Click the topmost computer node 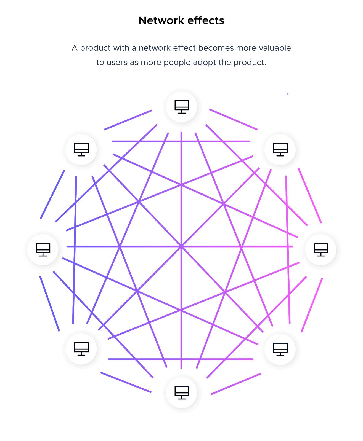click(x=182, y=107)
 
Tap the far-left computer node click(x=43, y=250)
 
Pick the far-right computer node click(x=321, y=250)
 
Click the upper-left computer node click(x=81, y=150)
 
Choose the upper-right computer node click(x=280, y=150)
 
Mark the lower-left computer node click(x=81, y=349)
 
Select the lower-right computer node click(x=280, y=349)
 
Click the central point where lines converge click(x=181, y=247)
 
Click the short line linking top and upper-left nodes click(x=128, y=120)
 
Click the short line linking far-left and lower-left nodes click(x=49, y=303)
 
